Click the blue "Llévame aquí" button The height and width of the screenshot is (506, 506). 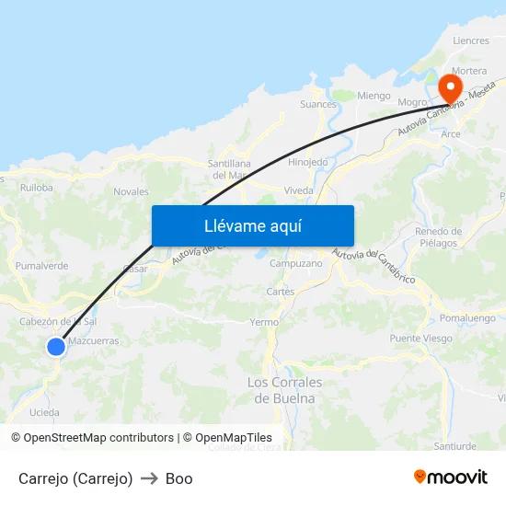click(x=252, y=225)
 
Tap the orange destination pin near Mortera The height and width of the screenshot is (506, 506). click(x=451, y=87)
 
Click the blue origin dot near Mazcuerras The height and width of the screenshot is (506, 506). click(x=56, y=346)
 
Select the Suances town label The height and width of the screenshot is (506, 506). click(x=318, y=105)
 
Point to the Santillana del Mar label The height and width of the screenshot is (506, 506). click(x=225, y=168)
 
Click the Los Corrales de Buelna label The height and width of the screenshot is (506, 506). click(x=284, y=390)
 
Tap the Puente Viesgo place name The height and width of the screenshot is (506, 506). click(x=420, y=339)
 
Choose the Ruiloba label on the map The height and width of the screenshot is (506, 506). click(x=37, y=187)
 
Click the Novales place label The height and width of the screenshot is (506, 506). click(x=131, y=192)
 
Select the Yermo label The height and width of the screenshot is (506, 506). click(x=264, y=323)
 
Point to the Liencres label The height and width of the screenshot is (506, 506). click(x=471, y=41)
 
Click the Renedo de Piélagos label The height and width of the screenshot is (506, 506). click(x=438, y=237)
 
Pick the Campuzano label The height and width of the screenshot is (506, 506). click(x=295, y=264)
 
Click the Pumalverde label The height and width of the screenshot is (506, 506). click(x=42, y=266)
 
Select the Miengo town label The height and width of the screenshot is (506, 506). click(x=374, y=96)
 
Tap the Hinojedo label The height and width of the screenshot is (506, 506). click(x=308, y=162)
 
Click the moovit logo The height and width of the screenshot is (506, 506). click(x=450, y=477)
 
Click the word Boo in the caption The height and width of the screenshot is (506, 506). click(x=178, y=478)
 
